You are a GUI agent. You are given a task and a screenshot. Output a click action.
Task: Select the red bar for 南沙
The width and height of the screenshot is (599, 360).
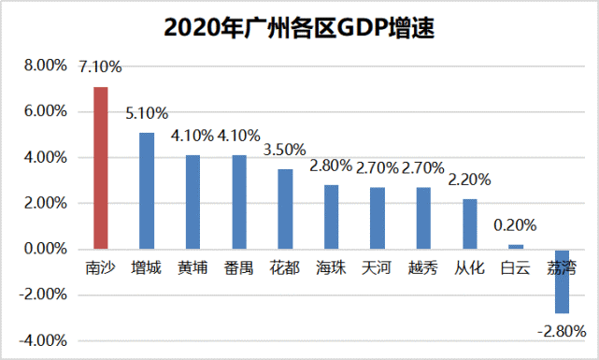coord(101,168)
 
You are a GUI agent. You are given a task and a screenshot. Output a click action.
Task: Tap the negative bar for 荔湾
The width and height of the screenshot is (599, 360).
coord(562,281)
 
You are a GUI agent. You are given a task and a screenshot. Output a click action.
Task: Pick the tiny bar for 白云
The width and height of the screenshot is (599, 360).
coord(516,247)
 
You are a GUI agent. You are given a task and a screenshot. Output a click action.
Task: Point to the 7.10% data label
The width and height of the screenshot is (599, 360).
coord(101,67)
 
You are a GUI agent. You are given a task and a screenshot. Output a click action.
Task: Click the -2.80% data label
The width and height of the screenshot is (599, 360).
coord(562,330)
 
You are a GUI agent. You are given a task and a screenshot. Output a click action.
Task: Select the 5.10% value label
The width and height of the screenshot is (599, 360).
coord(147,113)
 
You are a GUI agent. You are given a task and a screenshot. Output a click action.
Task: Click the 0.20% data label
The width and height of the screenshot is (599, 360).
coord(516,224)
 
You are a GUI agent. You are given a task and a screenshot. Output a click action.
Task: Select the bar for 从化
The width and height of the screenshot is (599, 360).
coord(469,224)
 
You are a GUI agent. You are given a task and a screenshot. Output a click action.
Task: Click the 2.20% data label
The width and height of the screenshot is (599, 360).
coord(469,180)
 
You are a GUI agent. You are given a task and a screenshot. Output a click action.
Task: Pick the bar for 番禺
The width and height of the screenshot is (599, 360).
coord(239,202)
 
